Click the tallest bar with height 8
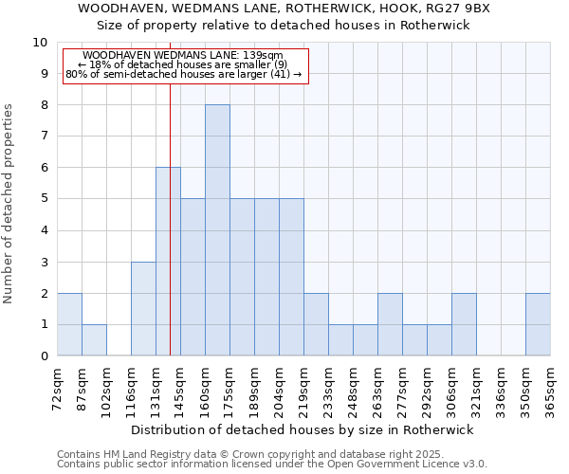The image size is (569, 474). click(x=217, y=230)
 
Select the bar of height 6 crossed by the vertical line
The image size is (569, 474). click(x=168, y=262)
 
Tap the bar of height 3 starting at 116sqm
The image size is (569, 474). click(x=143, y=309)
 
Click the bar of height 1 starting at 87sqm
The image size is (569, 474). click(x=94, y=340)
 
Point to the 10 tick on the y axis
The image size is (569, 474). click(x=40, y=43)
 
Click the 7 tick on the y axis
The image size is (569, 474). click(x=44, y=137)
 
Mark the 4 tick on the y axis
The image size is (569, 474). click(x=44, y=230)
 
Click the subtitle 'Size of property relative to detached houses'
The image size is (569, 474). click(x=284, y=26)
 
